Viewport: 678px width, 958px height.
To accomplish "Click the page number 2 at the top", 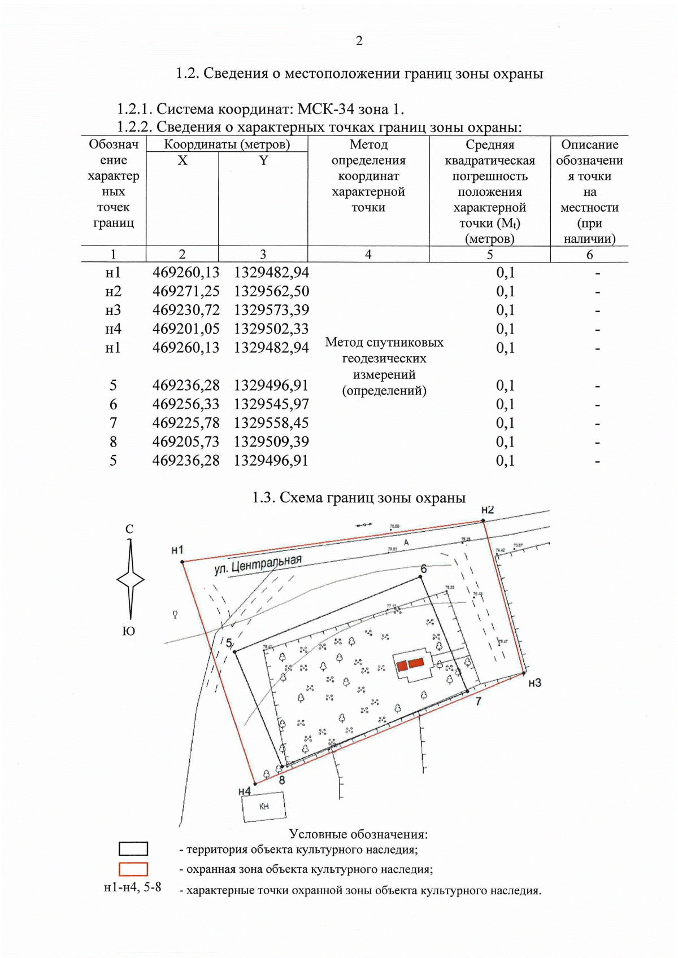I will click(359, 41).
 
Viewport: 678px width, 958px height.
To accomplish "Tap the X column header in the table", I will click(182, 161).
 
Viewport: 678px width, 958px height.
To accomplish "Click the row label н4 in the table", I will click(113, 329).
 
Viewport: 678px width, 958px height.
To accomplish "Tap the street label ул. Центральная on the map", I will click(258, 565).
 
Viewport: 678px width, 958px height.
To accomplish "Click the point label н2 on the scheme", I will click(487, 510).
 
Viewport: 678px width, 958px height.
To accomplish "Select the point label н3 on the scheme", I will click(534, 683).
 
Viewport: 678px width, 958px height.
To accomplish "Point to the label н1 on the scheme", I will click(177, 550).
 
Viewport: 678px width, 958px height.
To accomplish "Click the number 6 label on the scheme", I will click(424, 568).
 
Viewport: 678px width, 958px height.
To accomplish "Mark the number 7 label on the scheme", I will click(479, 702).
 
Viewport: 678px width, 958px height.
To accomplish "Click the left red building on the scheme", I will click(402, 666).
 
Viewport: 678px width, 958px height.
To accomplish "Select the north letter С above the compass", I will click(129, 530).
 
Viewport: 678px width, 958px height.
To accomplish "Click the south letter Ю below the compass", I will click(129, 631).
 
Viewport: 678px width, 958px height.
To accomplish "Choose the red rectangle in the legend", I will click(133, 869).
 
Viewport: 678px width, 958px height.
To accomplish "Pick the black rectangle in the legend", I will click(133, 849).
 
